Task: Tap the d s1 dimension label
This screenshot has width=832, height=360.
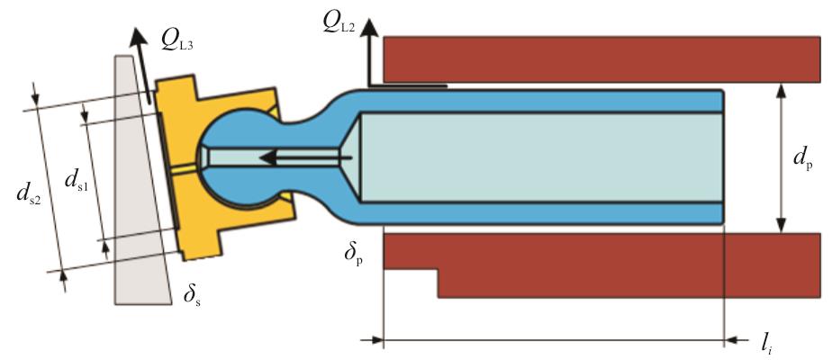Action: tap(77, 181)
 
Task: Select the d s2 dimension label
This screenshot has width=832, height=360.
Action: tap(29, 196)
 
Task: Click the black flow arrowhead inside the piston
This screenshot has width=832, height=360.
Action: tap(268, 157)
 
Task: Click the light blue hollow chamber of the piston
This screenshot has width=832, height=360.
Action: tap(541, 157)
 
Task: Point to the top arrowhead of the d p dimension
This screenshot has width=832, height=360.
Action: tap(781, 92)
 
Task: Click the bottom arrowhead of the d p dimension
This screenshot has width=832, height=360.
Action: tap(781, 224)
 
